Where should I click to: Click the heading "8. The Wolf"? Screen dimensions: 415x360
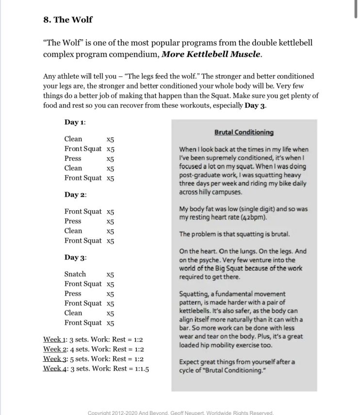point(67,20)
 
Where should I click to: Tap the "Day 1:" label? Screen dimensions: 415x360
point(75,122)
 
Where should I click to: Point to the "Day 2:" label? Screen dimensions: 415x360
point(75,195)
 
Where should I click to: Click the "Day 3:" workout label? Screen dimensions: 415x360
point(75,257)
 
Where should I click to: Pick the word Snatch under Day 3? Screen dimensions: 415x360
point(75,274)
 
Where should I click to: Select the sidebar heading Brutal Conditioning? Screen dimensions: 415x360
point(244,132)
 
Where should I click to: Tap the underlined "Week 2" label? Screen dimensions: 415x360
point(53,349)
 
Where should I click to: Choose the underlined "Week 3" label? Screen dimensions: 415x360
point(53,359)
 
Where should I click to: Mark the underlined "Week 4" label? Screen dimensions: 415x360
point(53,368)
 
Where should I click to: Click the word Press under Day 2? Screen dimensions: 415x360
point(73,221)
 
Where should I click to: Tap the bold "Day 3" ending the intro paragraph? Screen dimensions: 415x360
point(255,106)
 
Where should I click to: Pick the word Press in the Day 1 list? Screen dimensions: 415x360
point(73,159)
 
